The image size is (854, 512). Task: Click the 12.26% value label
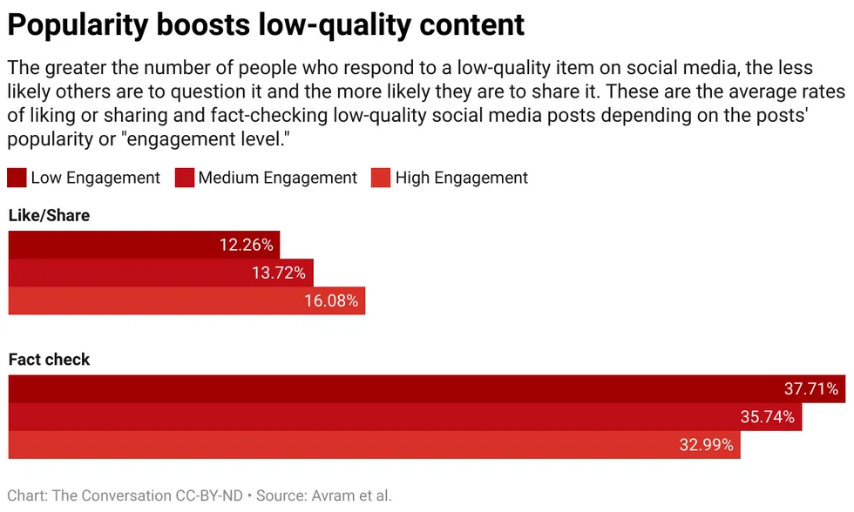tap(247, 245)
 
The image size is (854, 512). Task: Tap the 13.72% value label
tap(279, 273)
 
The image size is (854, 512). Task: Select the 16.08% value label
tap(331, 300)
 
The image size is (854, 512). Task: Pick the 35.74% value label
tap(768, 416)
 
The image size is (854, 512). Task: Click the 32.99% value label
tap(707, 445)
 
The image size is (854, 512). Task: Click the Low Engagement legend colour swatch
tap(17, 178)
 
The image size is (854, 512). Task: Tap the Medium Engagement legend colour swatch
tap(184, 178)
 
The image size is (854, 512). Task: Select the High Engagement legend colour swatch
tap(381, 178)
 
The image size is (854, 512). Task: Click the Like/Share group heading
tap(49, 215)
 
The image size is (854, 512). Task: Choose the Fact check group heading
tap(49, 359)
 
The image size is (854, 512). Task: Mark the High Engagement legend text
tap(462, 178)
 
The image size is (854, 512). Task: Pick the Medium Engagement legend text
tap(278, 178)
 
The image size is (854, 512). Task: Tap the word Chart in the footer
tap(27, 495)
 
